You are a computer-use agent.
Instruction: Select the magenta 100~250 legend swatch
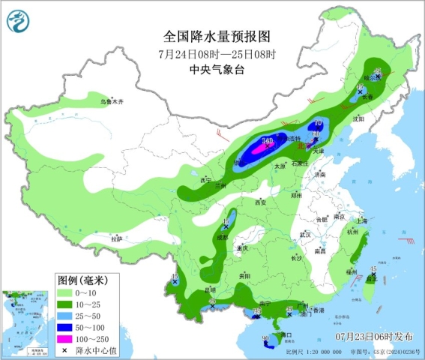coord(67,339)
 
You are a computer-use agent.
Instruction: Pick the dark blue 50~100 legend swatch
coord(67,327)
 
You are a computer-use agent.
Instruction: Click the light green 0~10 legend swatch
coord(67,291)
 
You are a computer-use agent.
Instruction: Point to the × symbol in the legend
coord(67,350)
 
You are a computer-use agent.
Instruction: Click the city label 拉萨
coord(115,238)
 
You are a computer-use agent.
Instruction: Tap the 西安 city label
coord(261,202)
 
